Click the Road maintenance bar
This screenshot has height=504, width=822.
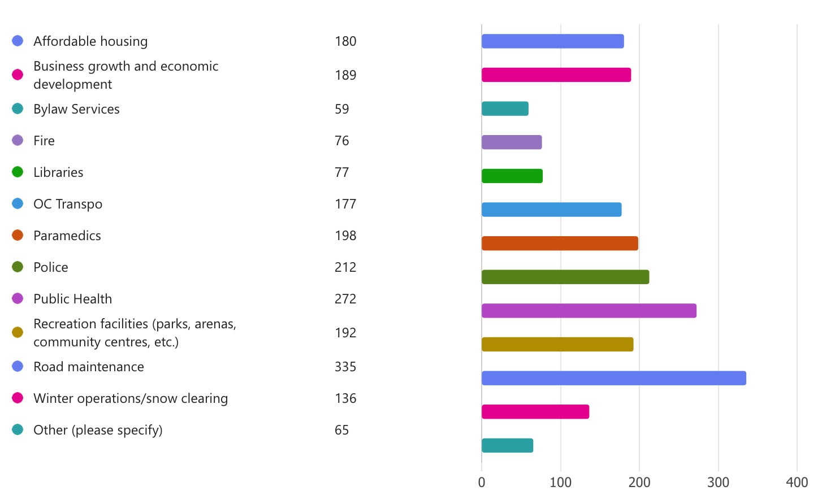tap(613, 378)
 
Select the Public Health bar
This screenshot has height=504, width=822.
tap(589, 311)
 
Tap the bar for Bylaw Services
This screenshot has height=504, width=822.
tap(505, 108)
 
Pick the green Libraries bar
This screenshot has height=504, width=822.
tap(512, 176)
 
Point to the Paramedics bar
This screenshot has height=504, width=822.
tap(560, 244)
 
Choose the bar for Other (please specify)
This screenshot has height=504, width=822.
tap(507, 445)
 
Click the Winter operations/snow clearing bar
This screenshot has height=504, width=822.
tap(535, 412)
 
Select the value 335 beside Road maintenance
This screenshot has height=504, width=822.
tap(345, 367)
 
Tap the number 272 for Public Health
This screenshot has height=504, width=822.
tap(345, 299)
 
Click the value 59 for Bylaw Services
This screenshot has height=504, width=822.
tap(341, 109)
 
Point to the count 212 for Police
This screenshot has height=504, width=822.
tap(345, 267)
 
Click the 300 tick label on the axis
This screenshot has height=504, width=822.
tap(718, 482)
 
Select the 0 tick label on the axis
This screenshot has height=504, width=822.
tap(482, 482)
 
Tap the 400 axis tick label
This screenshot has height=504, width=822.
tap(797, 482)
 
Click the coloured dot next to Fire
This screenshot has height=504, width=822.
tap(18, 140)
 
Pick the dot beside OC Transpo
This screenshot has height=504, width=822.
tap(18, 203)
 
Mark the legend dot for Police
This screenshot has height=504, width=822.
tap(18, 267)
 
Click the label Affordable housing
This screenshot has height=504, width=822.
tap(90, 41)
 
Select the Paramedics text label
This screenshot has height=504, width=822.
tap(67, 236)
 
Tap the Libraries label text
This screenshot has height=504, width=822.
tap(58, 172)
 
